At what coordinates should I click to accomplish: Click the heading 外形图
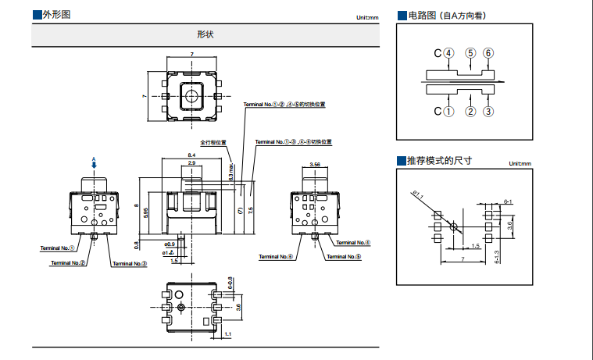tap(57, 15)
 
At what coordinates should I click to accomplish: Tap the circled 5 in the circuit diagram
tap(470, 53)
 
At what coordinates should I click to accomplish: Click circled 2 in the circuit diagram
tap(470, 112)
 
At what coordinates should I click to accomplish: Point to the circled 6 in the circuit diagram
tap(488, 53)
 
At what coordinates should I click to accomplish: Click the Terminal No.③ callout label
tap(130, 264)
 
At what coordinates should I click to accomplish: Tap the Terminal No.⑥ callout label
tap(276, 256)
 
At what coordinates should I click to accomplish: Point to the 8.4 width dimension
tap(192, 156)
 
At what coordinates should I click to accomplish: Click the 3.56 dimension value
tap(315, 165)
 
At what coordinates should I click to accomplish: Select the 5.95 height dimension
tap(146, 212)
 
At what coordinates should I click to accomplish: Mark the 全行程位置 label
tap(213, 142)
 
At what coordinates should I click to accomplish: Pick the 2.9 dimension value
tap(192, 162)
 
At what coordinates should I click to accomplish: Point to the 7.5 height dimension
tap(251, 211)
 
